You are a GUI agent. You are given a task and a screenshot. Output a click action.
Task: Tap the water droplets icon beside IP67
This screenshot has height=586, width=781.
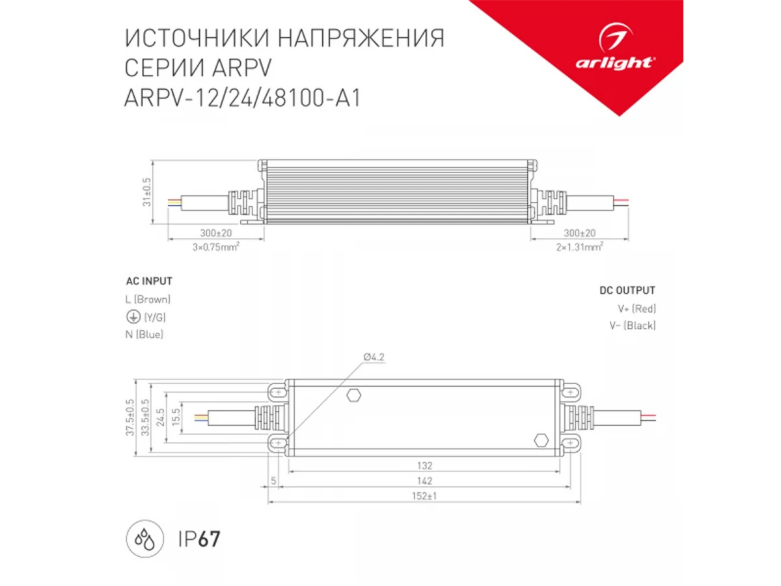(x=145, y=538)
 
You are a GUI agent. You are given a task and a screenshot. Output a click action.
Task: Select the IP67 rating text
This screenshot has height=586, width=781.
(x=199, y=539)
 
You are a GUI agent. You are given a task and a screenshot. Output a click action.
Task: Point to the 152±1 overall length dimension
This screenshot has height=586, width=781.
(x=424, y=496)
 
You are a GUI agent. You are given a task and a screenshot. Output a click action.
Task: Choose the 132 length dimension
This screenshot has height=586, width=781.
(x=424, y=466)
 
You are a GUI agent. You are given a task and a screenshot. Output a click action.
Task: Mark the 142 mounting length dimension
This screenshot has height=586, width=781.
(x=424, y=481)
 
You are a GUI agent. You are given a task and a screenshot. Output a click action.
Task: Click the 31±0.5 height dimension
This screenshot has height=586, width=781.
(x=146, y=192)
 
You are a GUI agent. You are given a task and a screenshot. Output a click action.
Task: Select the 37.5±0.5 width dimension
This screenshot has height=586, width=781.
(x=130, y=418)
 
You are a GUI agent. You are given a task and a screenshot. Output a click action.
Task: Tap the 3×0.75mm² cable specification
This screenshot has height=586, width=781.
(x=216, y=247)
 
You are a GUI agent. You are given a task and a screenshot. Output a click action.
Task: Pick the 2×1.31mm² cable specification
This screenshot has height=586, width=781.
(x=580, y=247)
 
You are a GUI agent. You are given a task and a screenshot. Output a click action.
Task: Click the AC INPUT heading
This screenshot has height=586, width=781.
(x=149, y=281)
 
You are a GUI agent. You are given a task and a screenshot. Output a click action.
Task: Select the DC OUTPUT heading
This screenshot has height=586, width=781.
(x=627, y=290)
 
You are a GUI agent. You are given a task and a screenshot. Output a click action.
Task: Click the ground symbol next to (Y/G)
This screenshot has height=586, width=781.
(x=133, y=316)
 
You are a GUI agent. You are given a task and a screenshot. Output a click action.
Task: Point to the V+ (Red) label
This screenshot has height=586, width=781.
(x=637, y=309)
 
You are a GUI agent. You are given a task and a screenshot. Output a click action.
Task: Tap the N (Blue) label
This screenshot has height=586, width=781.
(x=144, y=335)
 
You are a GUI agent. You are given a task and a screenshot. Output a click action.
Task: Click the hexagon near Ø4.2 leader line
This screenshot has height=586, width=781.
(x=354, y=395)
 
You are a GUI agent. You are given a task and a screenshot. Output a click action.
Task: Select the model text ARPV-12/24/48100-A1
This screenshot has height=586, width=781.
(x=243, y=98)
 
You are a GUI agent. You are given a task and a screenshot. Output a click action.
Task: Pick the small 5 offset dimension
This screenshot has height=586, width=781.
(x=273, y=481)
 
